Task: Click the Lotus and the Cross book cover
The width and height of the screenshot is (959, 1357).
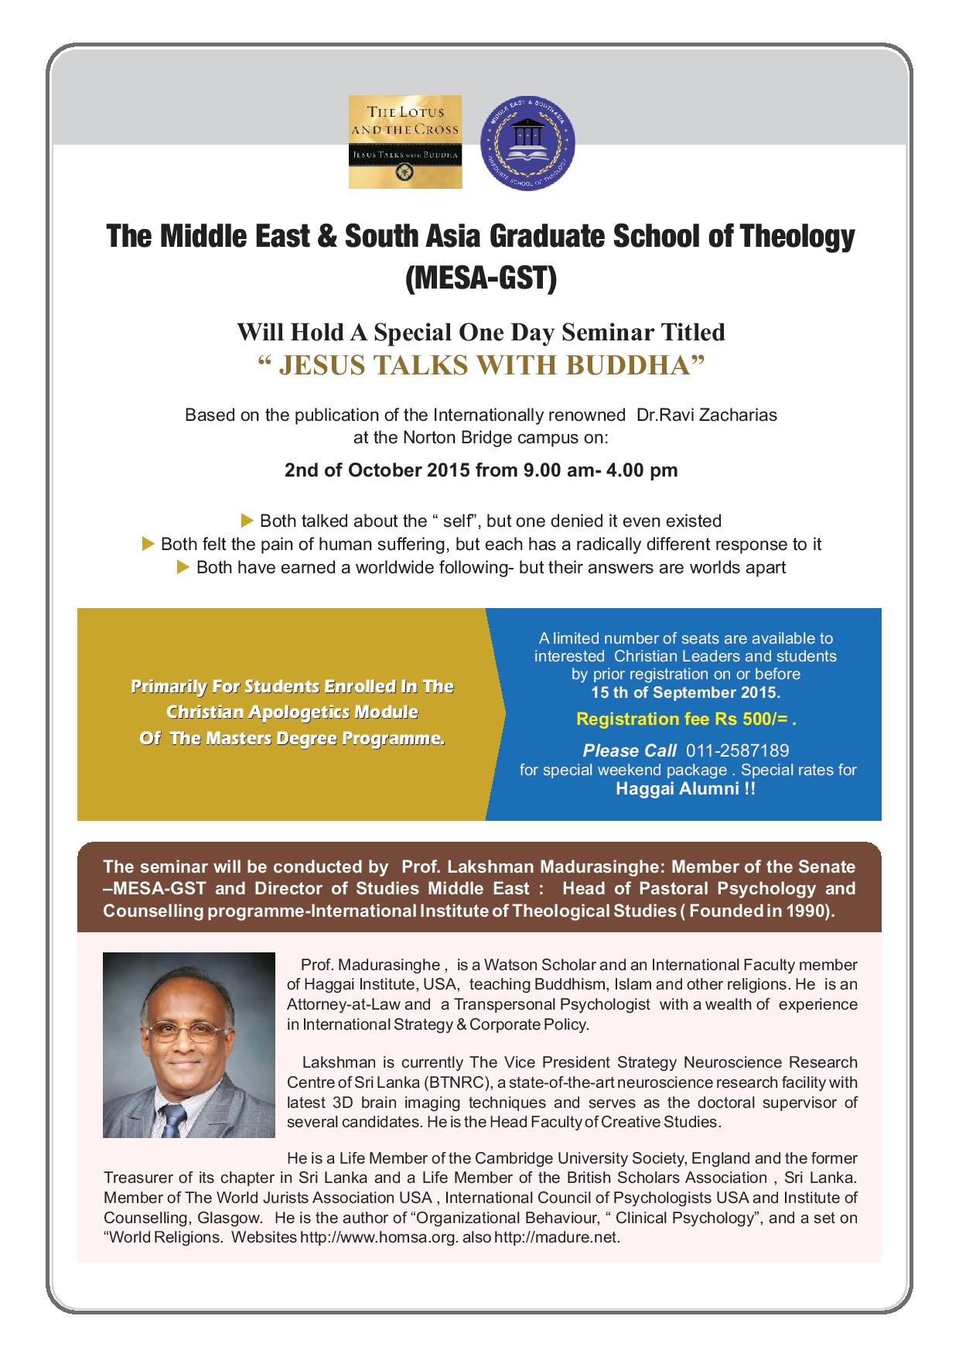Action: coord(405,142)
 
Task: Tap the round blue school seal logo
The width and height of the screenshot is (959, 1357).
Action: coord(533,142)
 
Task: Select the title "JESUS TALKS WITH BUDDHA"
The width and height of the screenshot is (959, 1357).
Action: coord(480,365)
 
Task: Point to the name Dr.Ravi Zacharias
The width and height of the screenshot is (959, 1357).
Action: coord(706,415)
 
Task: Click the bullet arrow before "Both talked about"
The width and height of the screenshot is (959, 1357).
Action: coord(248,520)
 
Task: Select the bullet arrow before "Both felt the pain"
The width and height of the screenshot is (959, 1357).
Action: coord(149,544)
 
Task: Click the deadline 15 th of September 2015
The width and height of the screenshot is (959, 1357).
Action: coord(686,692)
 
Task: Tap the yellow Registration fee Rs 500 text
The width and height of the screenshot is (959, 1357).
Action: coord(686,720)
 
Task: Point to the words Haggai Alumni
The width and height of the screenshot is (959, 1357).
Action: coord(685,789)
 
